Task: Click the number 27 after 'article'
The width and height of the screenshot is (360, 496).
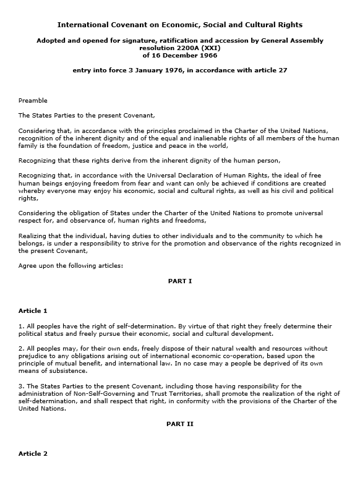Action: [x=282, y=71]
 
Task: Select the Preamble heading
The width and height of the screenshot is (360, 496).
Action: [x=33, y=100]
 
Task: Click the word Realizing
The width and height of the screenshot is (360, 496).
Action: [x=33, y=235]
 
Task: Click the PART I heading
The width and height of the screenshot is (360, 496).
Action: [x=180, y=281]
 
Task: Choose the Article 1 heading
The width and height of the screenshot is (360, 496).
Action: [x=33, y=310]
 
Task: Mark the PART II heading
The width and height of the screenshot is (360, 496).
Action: [x=180, y=424]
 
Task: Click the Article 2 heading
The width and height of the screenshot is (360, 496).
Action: [x=33, y=453]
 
